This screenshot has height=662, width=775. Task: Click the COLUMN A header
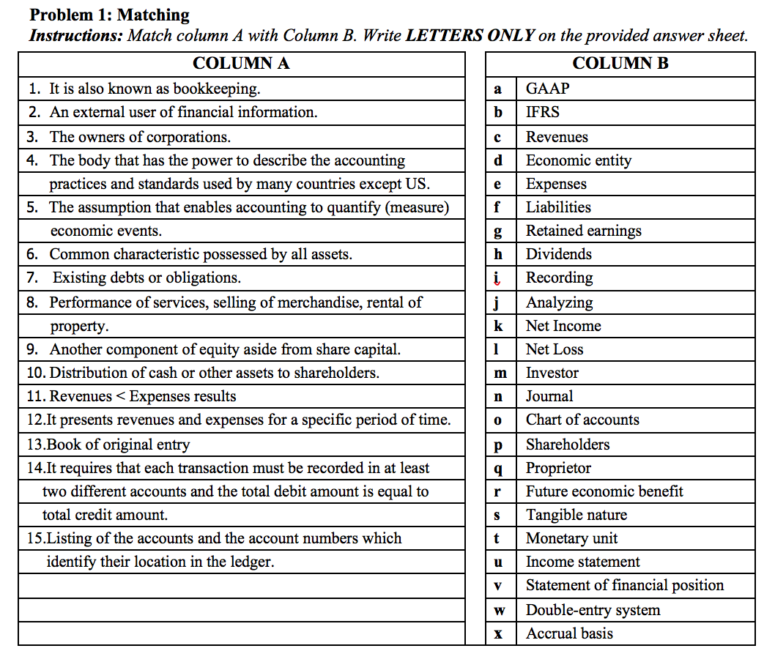(x=241, y=64)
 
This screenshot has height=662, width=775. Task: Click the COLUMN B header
(x=620, y=64)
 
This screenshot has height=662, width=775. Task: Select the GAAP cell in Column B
(x=547, y=89)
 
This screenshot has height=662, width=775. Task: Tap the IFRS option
(x=542, y=112)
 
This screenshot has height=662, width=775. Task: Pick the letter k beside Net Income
(x=498, y=326)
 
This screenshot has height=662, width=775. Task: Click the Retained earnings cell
(x=583, y=231)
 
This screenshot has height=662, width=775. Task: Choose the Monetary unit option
(x=571, y=538)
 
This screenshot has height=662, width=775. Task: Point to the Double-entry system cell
(x=593, y=610)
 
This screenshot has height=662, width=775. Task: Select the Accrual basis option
(x=569, y=633)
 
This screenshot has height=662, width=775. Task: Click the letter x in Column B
(x=498, y=634)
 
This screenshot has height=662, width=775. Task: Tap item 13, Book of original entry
(x=108, y=445)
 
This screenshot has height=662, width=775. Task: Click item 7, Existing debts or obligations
(x=147, y=278)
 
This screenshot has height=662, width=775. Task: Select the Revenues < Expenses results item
(x=132, y=396)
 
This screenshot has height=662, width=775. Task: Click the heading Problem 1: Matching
(x=109, y=15)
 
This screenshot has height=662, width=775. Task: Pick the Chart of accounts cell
(x=582, y=420)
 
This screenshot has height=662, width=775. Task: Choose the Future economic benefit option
(x=604, y=491)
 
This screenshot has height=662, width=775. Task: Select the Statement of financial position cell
(x=624, y=585)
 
